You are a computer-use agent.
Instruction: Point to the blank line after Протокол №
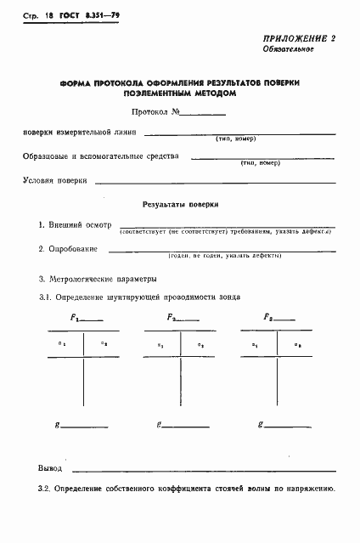pos(205,112)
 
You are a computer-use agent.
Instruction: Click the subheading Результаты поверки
pos(180,204)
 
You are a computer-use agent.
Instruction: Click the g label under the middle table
pos(159,423)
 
